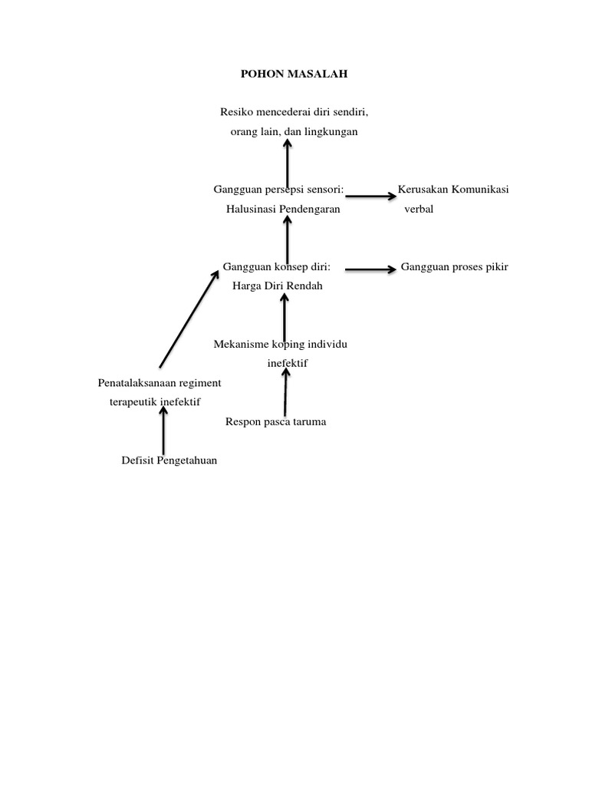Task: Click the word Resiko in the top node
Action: pos(236,112)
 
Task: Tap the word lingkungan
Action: pos(331,132)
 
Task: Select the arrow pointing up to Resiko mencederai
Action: pos(287,160)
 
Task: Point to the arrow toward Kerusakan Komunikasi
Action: pos(370,196)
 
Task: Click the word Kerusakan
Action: pos(423,190)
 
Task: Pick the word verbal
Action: pos(419,209)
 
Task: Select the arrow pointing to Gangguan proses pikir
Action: pos(370,269)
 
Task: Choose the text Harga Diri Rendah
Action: pos(278,286)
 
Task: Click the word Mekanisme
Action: pos(241,344)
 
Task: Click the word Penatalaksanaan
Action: pos(136,382)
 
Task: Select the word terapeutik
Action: pos(135,401)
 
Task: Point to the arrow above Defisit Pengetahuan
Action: pos(163,432)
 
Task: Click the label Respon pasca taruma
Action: pos(275,421)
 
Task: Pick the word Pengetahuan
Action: pos(187,461)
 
